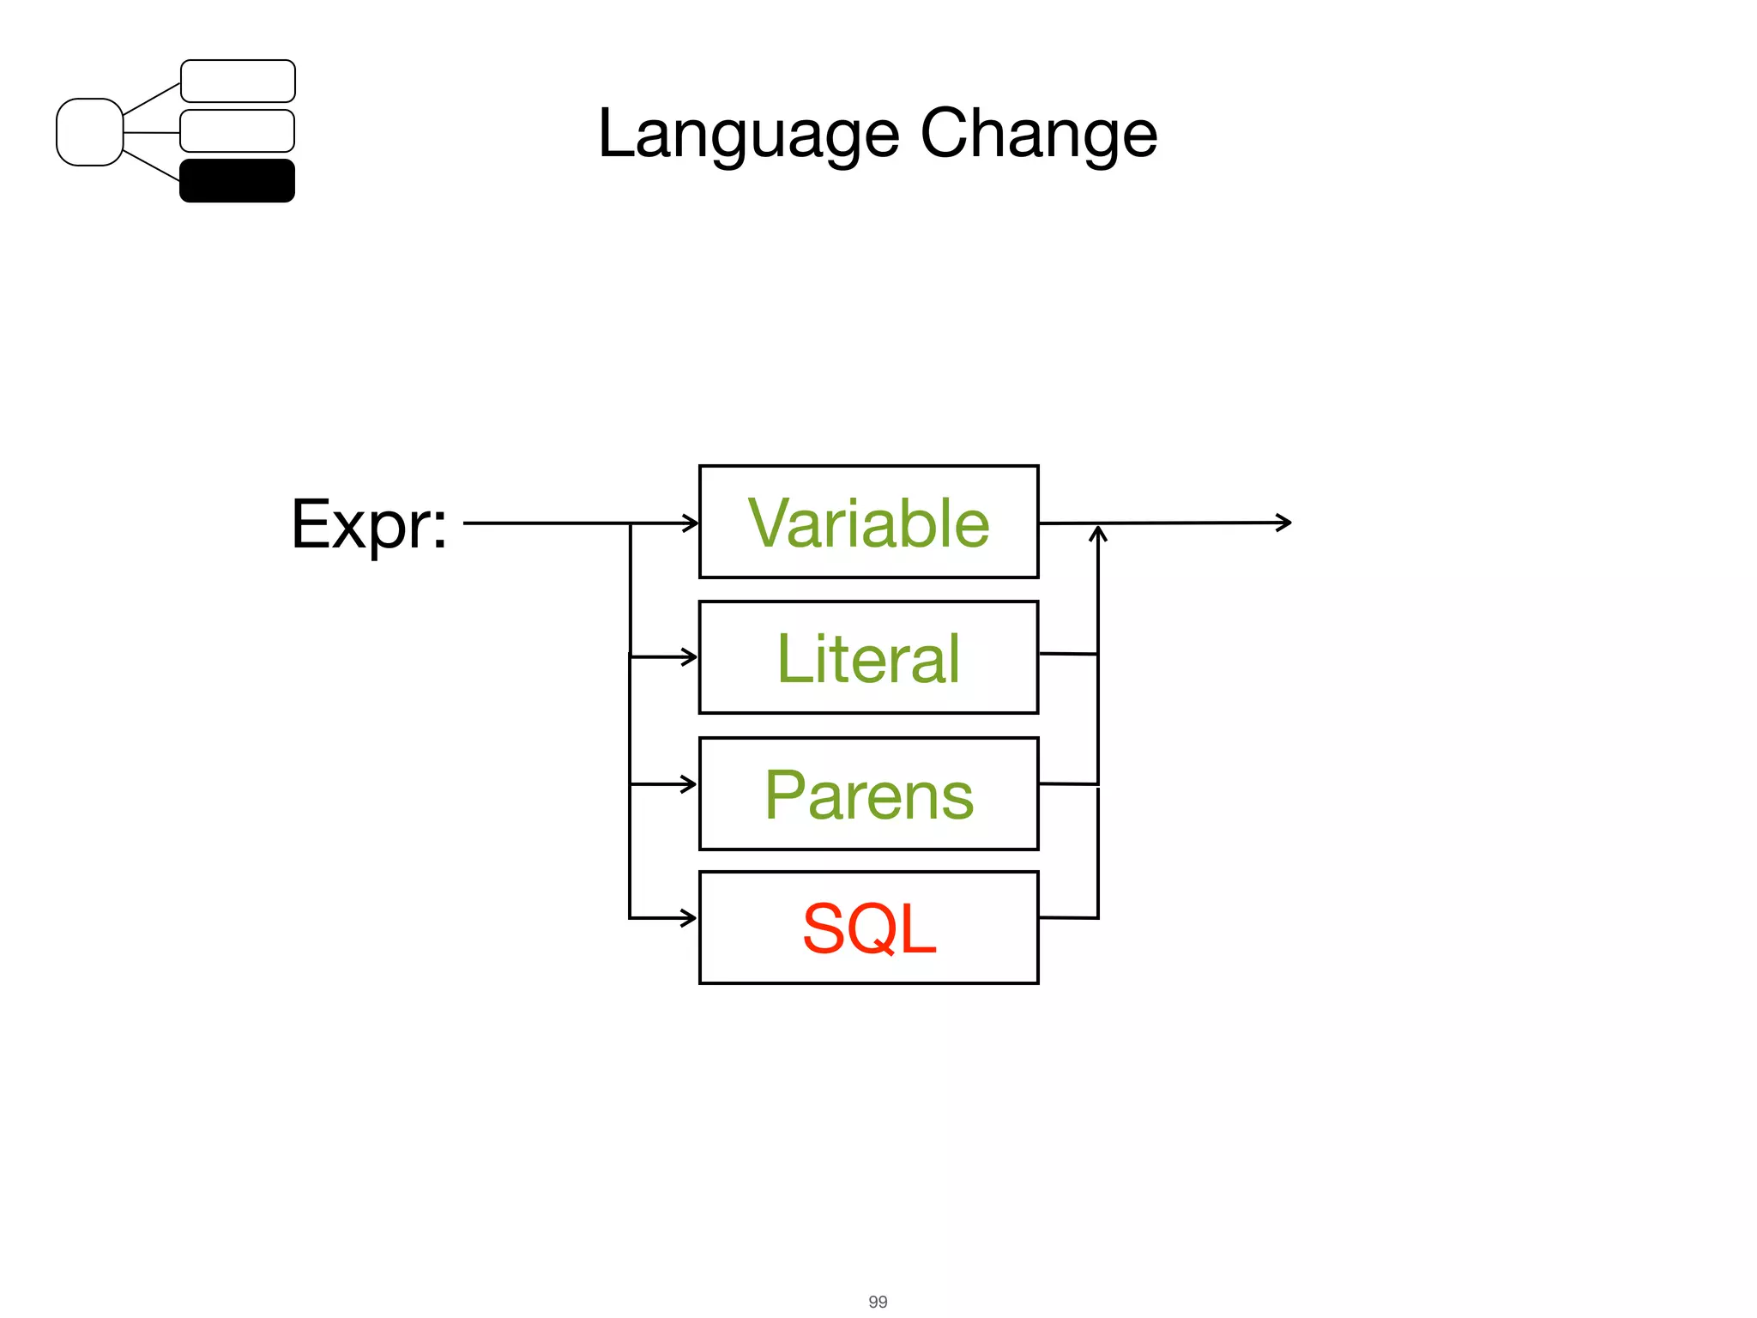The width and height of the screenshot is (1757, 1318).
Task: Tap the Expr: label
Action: (x=369, y=524)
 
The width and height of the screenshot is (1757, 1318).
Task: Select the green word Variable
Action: (x=868, y=523)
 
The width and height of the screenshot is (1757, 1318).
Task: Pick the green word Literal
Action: (x=868, y=658)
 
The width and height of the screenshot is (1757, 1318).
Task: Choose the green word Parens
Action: (x=868, y=795)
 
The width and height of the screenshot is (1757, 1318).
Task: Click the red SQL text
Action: (x=868, y=928)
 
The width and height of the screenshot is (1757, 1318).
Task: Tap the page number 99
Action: (x=878, y=1301)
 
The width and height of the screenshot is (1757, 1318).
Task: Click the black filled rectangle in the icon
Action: (x=237, y=181)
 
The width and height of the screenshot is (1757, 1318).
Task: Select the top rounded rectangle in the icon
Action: (x=238, y=82)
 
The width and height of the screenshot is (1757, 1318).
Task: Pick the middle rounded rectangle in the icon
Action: (x=237, y=131)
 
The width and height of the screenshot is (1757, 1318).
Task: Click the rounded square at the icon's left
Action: (x=89, y=132)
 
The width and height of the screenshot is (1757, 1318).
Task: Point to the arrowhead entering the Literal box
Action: (x=690, y=657)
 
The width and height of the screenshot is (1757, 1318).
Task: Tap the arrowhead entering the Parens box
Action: (x=690, y=783)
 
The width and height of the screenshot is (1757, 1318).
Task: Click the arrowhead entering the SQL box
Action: (x=690, y=918)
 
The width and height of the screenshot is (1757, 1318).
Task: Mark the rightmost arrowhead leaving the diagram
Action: (x=1285, y=522)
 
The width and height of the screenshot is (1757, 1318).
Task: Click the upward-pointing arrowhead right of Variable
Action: (x=1098, y=534)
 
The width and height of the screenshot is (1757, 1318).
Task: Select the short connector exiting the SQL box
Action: (x=1068, y=917)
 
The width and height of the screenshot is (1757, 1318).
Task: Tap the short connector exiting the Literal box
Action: (x=1068, y=654)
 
